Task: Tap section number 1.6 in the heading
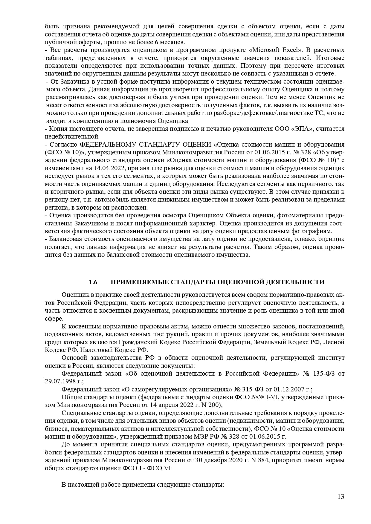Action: click(93, 282)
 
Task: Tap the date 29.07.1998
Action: click(58, 381)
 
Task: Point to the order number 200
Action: click(215, 405)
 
